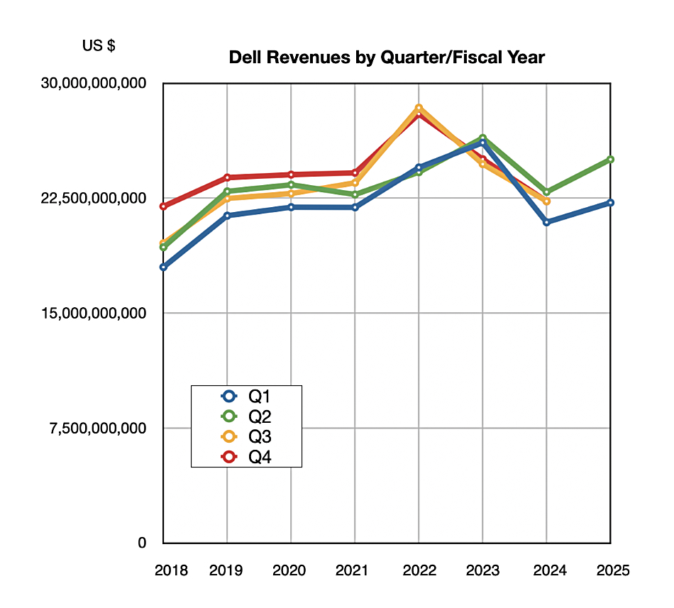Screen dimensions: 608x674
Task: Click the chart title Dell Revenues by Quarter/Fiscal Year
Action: tap(387, 57)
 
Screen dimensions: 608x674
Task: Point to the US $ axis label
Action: tap(99, 46)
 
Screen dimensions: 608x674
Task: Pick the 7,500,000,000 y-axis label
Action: tap(99, 428)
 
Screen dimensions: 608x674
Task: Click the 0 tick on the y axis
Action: tap(142, 543)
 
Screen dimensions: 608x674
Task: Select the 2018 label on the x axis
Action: tap(172, 570)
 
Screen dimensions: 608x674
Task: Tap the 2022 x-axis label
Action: tap(419, 570)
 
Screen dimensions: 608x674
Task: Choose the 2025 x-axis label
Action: tap(612, 570)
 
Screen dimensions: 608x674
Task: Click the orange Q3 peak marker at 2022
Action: tap(419, 108)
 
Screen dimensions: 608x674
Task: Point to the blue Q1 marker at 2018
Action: tap(163, 267)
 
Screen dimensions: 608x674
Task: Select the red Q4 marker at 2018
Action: tap(163, 206)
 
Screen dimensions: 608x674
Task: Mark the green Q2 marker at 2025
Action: tap(610, 160)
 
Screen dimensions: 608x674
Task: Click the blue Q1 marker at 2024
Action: tap(546, 222)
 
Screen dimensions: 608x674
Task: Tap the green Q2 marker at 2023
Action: tap(482, 138)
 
